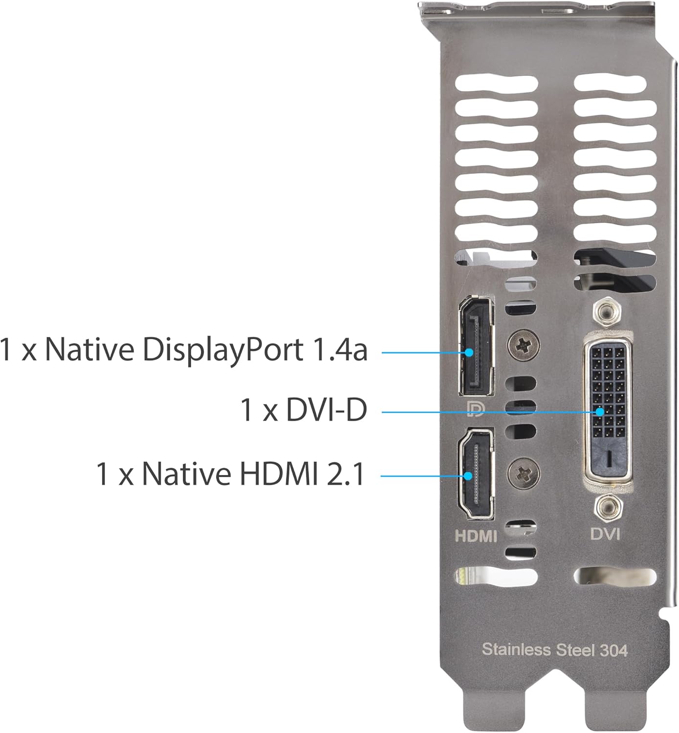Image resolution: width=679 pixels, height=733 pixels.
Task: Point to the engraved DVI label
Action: click(x=605, y=533)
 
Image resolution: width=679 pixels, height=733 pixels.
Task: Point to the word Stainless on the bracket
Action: click(x=516, y=650)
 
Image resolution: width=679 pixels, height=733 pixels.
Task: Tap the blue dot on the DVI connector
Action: click(x=599, y=412)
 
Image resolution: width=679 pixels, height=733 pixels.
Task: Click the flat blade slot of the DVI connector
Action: click(x=609, y=458)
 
